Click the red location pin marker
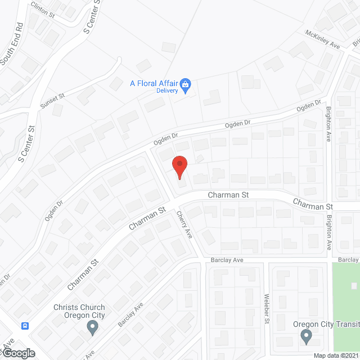click(179, 166)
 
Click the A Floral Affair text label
click(154, 83)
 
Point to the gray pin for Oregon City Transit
click(306, 336)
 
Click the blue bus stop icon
click(25, 326)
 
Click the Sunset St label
click(52, 101)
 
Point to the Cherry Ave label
click(184, 224)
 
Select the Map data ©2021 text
click(335, 355)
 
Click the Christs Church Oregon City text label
click(79, 311)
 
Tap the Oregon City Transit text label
click(326, 324)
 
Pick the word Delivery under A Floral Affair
click(167, 91)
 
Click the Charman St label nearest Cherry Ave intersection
click(228, 195)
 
